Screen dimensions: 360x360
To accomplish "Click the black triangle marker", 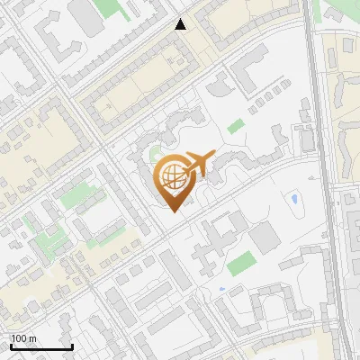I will (181, 24).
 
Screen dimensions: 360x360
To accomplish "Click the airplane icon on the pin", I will (199, 164).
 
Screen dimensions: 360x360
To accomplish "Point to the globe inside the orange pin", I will (172, 175).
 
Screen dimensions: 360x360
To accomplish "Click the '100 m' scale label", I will (23, 338).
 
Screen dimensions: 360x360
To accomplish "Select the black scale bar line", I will (41, 347).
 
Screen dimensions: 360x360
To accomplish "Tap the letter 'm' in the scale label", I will (31, 338).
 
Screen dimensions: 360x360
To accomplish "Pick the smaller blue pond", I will (221, 289).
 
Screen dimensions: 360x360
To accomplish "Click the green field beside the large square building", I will (240, 265).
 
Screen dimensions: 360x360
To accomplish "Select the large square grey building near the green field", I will (265, 238).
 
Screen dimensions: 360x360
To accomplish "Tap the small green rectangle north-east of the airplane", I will (236, 127).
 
